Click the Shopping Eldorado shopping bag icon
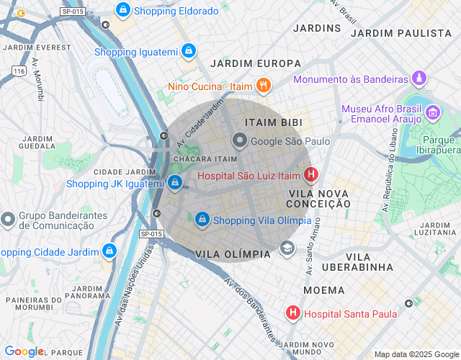pos(123,11)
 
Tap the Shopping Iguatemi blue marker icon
pos(188,51)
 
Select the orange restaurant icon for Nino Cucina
pos(263,86)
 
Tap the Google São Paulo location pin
pos(239,141)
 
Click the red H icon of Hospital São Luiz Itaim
pos(311,174)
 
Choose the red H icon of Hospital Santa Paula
pos(293,313)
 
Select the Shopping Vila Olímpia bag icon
pos(202,219)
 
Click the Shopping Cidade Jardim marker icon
pos(109,251)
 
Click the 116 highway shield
pos(19,71)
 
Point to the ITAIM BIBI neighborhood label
pos(273,123)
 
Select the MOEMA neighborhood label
pos(318,289)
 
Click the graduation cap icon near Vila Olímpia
pos(287,248)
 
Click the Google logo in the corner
pos(24,351)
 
